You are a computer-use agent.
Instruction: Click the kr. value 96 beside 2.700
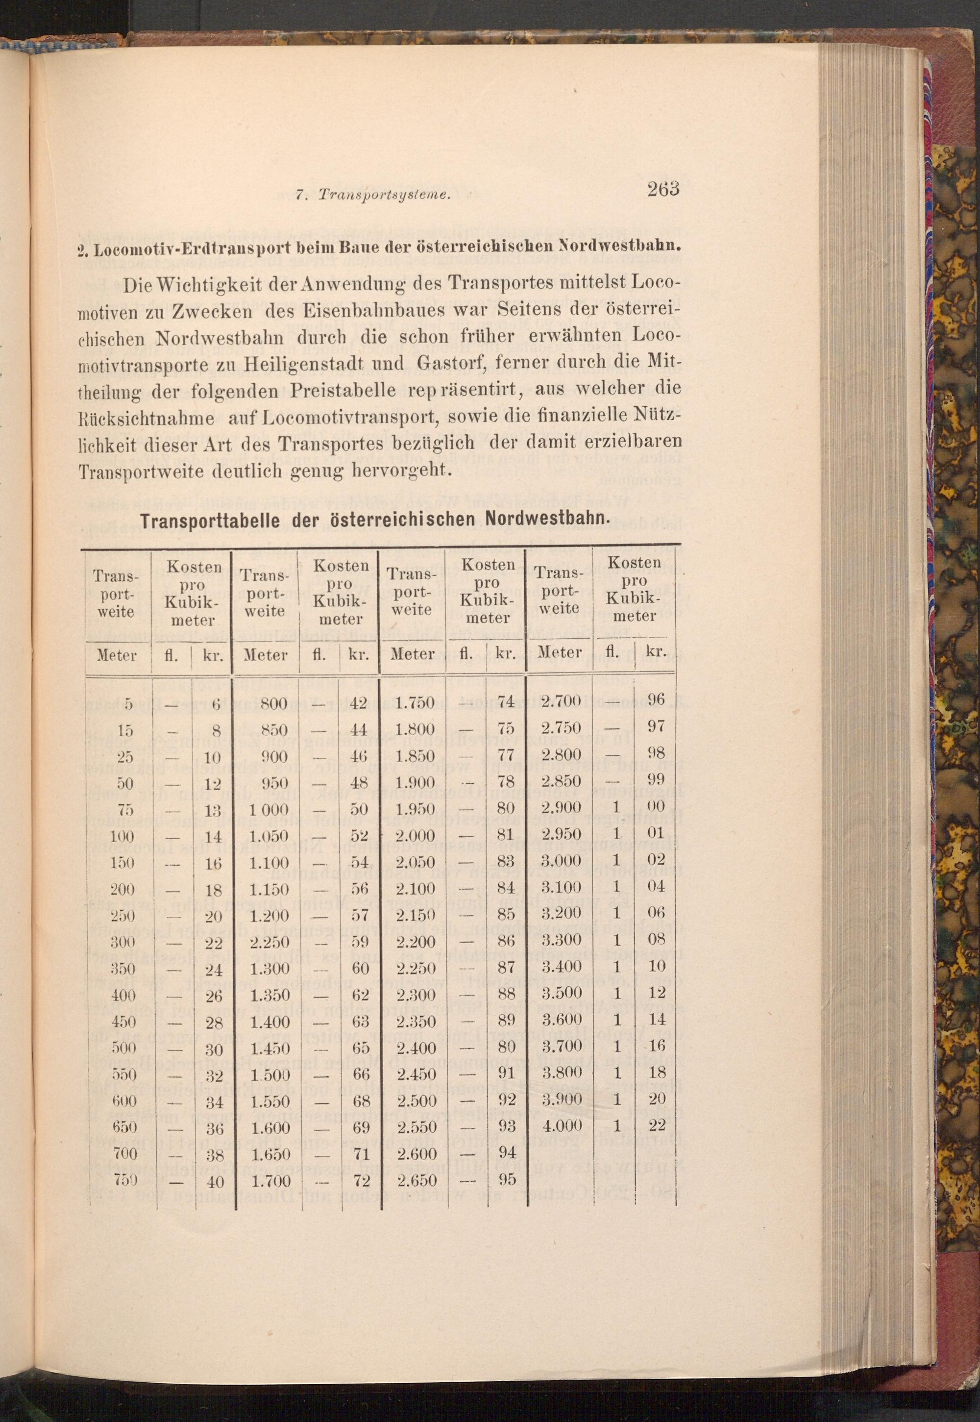point(656,699)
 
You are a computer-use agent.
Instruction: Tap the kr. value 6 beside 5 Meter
point(216,705)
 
